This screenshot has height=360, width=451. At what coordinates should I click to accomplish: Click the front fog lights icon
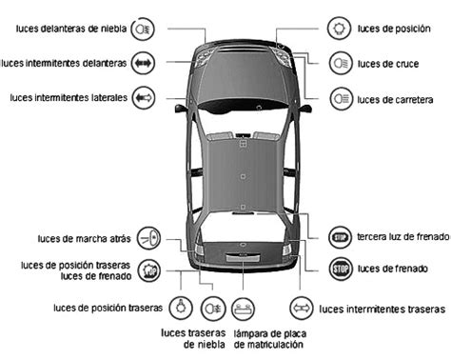tap(142, 28)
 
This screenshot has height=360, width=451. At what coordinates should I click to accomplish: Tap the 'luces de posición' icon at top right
tap(341, 28)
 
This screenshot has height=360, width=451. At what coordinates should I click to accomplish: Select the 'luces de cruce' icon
tap(341, 63)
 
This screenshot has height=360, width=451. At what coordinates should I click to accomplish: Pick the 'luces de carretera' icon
tap(341, 97)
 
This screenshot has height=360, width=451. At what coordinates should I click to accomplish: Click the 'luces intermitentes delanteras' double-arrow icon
tap(142, 63)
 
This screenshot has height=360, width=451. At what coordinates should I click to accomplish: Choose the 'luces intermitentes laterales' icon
tap(142, 97)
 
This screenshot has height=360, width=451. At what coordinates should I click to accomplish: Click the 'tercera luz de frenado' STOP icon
tap(341, 236)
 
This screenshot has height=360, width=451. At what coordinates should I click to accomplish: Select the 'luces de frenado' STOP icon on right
tap(341, 269)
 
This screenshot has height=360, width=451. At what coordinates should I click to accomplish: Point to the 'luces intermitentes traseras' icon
tap(301, 308)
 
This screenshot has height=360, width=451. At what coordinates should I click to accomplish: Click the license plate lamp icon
tap(245, 308)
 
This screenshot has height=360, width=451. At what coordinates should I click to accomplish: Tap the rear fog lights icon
tap(211, 308)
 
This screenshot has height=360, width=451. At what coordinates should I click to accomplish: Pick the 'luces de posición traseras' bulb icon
tap(178, 308)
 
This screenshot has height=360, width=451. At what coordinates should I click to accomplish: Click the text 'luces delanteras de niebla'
tap(70, 29)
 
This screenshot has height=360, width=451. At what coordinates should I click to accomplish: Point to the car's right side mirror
tap(306, 109)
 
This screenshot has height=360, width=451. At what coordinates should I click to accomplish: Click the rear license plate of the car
tap(243, 256)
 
